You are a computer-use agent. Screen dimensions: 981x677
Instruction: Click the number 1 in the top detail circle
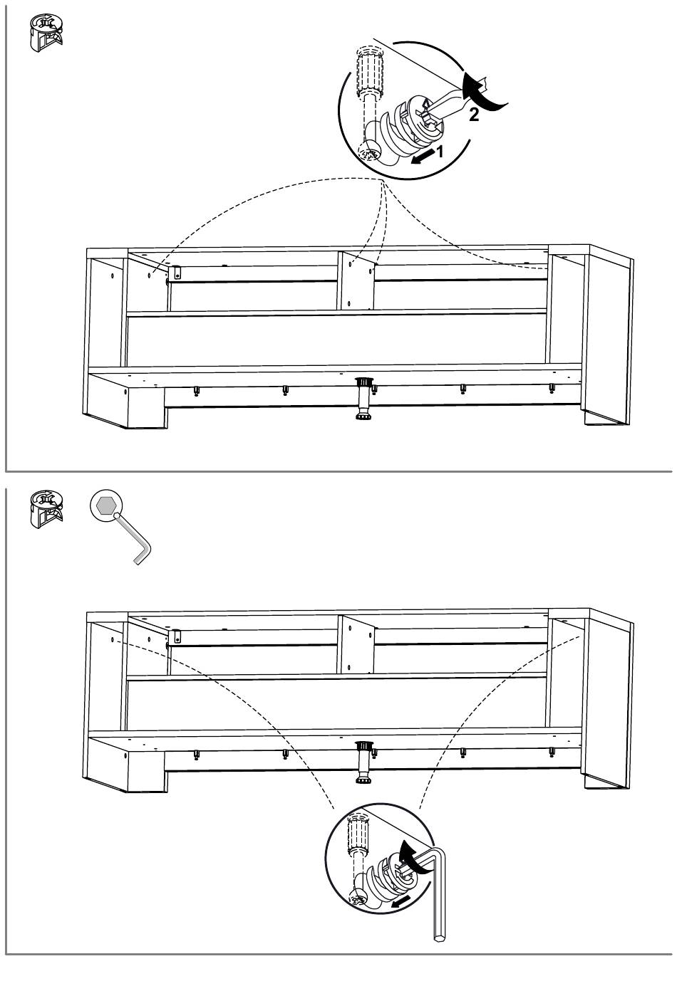(x=440, y=151)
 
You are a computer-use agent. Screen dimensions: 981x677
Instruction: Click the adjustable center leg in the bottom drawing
(x=365, y=762)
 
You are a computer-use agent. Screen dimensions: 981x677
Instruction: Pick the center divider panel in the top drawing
(x=356, y=280)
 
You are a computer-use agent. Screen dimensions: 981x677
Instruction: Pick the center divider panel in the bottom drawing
(x=356, y=644)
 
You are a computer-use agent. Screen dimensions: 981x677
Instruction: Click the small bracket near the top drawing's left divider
(x=177, y=273)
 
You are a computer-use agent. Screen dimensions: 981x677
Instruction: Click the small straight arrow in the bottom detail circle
(x=401, y=903)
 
